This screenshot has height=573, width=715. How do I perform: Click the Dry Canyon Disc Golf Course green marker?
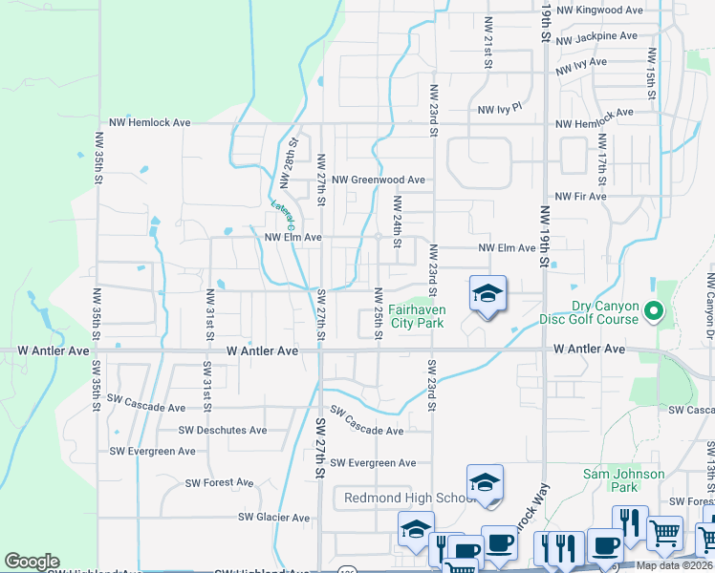click(x=654, y=310)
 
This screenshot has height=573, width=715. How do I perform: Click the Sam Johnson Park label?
click(x=624, y=480)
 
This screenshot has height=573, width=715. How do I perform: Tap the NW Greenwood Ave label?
click(x=379, y=180)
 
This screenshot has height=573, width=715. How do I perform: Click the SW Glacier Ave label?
click(x=273, y=518)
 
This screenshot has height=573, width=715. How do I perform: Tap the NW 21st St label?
click(x=488, y=41)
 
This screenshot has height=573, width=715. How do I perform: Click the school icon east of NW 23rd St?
click(x=487, y=295)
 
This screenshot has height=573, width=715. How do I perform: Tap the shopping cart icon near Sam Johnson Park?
click(x=665, y=533)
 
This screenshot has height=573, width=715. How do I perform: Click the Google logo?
click(x=32, y=562)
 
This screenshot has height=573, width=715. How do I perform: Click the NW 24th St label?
click(x=397, y=219)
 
